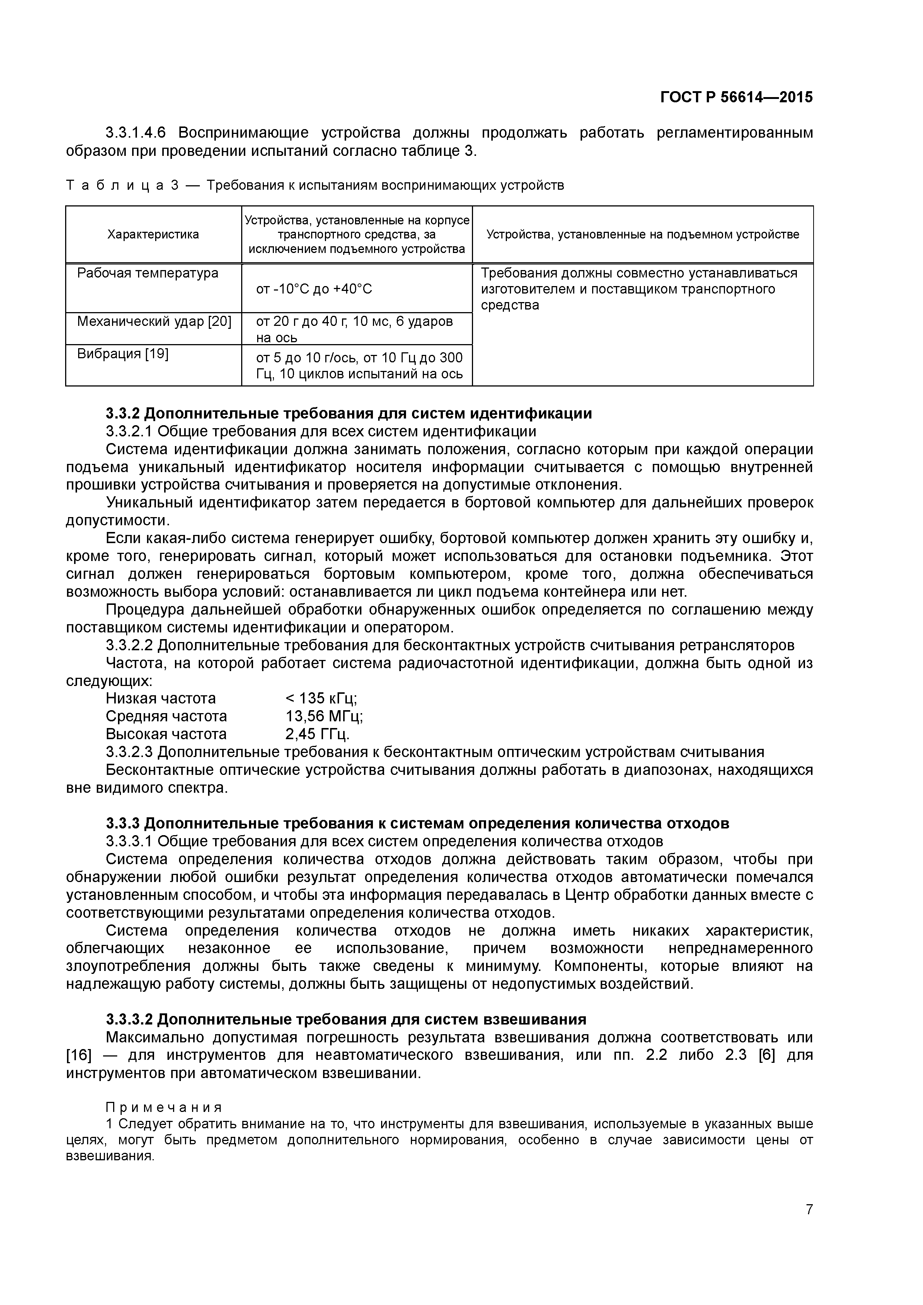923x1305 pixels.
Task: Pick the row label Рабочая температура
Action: (x=148, y=273)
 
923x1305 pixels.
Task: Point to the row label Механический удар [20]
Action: (x=154, y=322)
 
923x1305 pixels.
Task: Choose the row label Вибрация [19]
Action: (x=123, y=354)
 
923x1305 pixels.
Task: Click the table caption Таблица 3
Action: (x=123, y=185)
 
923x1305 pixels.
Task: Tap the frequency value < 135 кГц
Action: (x=321, y=698)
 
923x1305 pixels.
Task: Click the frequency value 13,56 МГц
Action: (x=324, y=716)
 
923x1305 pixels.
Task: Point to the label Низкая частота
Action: (x=161, y=698)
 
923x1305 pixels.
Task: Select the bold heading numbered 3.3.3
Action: (x=417, y=823)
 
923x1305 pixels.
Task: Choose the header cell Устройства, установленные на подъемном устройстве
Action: (x=643, y=234)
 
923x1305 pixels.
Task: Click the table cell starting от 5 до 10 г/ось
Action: (x=360, y=365)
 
